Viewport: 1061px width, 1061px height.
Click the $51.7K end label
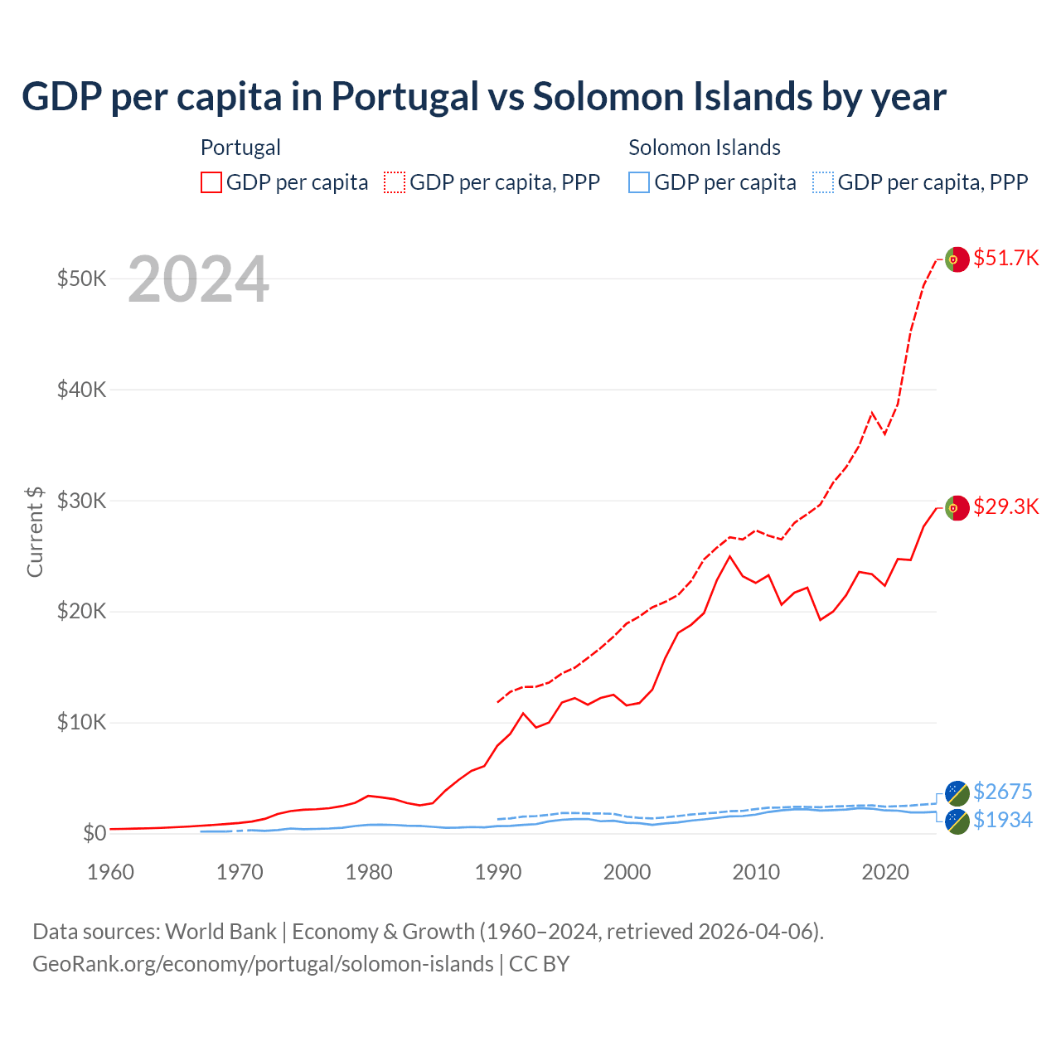(x=1005, y=258)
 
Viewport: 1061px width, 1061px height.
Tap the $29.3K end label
(x=1005, y=506)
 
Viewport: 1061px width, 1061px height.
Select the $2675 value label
(x=1002, y=792)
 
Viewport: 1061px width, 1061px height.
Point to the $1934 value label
(x=1002, y=820)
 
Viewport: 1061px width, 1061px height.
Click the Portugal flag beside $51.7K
(x=957, y=259)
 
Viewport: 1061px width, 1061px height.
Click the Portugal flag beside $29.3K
(x=957, y=507)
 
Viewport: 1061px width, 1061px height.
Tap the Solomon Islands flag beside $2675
(x=957, y=793)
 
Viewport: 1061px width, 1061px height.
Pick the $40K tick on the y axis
(x=81, y=389)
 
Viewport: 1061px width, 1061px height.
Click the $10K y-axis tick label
(x=81, y=722)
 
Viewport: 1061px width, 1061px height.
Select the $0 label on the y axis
(x=94, y=833)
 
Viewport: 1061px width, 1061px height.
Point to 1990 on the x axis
(x=498, y=872)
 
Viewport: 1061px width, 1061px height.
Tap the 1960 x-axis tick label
(x=111, y=872)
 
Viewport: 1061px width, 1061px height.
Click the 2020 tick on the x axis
(x=885, y=872)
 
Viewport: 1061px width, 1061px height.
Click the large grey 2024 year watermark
(x=198, y=279)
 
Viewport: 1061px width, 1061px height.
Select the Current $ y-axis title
(x=35, y=531)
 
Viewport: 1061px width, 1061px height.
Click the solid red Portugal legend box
(x=211, y=182)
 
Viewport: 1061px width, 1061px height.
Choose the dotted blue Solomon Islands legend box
(x=822, y=182)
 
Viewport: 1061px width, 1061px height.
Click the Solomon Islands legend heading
(x=704, y=148)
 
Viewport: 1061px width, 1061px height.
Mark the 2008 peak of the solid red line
(x=729, y=556)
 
